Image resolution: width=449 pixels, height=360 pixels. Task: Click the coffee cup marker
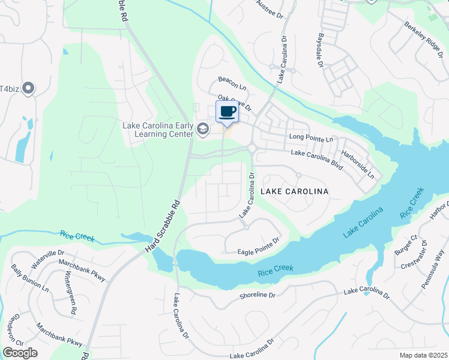[227, 112]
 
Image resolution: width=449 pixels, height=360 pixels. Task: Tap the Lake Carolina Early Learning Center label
[158, 130]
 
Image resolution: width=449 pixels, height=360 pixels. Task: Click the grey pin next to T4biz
[28, 89]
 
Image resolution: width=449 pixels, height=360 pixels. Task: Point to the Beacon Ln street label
[232, 83]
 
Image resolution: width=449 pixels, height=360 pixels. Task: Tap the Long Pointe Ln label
[311, 139]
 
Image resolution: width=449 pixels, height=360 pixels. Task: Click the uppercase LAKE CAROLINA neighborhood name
[294, 191]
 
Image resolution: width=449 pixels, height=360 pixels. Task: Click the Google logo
[20, 353]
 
